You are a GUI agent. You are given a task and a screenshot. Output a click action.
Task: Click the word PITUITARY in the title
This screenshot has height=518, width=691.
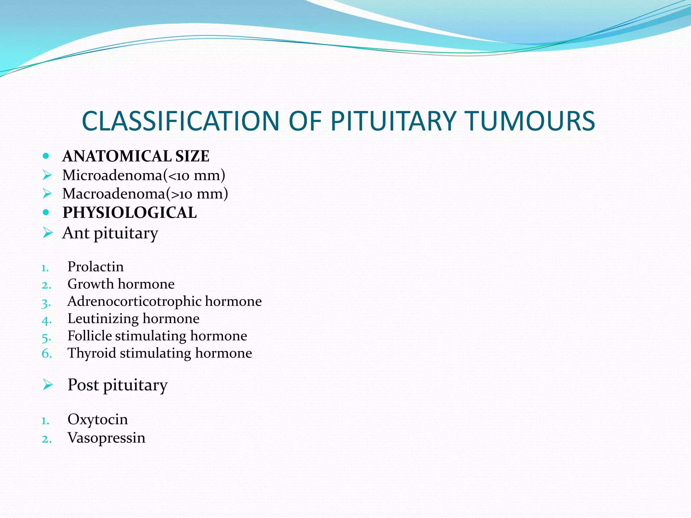click(x=393, y=121)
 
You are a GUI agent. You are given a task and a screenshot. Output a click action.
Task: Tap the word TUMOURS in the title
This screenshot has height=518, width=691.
click(x=530, y=121)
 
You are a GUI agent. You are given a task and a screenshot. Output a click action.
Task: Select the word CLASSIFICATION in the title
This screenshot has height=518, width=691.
click(x=181, y=121)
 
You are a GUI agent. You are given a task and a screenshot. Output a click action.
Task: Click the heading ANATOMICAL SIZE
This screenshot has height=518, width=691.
click(x=136, y=156)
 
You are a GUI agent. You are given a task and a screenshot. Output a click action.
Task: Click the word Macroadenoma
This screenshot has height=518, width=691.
click(x=114, y=194)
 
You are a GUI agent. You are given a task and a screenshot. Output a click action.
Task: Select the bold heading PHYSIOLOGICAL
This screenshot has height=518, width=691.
click(x=130, y=212)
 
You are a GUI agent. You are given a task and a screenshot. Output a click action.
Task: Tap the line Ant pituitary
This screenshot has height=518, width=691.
click(x=110, y=233)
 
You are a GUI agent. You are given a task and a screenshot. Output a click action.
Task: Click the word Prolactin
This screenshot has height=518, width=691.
click(x=95, y=267)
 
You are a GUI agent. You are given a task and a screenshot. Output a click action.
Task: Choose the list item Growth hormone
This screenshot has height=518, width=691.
click(x=121, y=284)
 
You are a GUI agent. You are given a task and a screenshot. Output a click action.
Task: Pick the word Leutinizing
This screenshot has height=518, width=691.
click(x=103, y=319)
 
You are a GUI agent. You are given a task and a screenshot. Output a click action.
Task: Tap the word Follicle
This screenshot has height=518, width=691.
click(x=89, y=336)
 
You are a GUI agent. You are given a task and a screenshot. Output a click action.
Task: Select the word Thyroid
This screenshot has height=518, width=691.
click(x=92, y=353)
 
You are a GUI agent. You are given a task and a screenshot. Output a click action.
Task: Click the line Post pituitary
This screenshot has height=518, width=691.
click(x=117, y=385)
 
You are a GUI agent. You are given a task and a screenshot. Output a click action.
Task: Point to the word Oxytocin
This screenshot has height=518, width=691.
click(x=98, y=420)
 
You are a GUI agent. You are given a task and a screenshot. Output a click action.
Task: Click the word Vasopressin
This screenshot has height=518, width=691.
click(x=106, y=438)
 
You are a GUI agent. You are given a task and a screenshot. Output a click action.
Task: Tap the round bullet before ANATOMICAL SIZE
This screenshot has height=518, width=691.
click(x=46, y=156)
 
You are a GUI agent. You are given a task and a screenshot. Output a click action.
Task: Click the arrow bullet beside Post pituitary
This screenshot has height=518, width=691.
click(x=48, y=384)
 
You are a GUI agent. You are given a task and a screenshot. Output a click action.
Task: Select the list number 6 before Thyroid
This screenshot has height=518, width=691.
click(x=46, y=353)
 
